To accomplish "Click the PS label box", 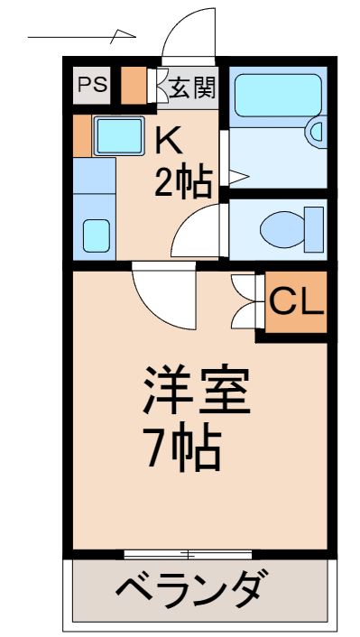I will pyautogui.click(x=90, y=86).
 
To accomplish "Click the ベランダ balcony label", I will pyautogui.click(x=190, y=592).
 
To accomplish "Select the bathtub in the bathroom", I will pyautogui.click(x=277, y=97).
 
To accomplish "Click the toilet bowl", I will pyautogui.click(x=283, y=229).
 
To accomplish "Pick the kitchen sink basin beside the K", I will pyautogui.click(x=118, y=135).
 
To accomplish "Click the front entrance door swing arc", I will pyautogui.click(x=188, y=34).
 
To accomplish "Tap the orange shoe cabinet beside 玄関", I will pyautogui.click(x=134, y=85).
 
